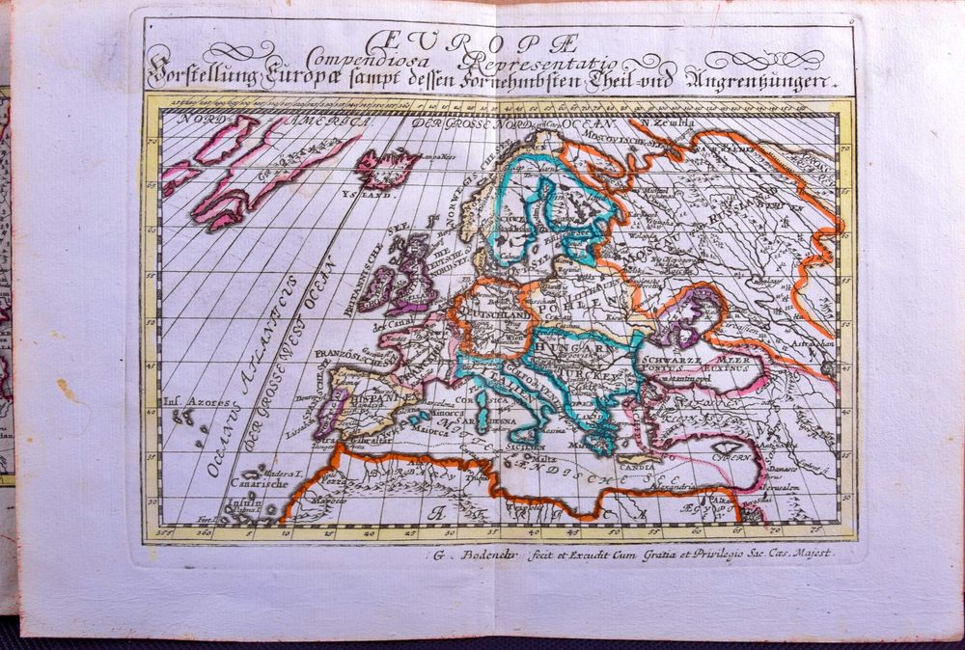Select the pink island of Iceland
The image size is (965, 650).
tap(389, 168)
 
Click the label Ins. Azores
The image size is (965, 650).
tap(186, 402)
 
